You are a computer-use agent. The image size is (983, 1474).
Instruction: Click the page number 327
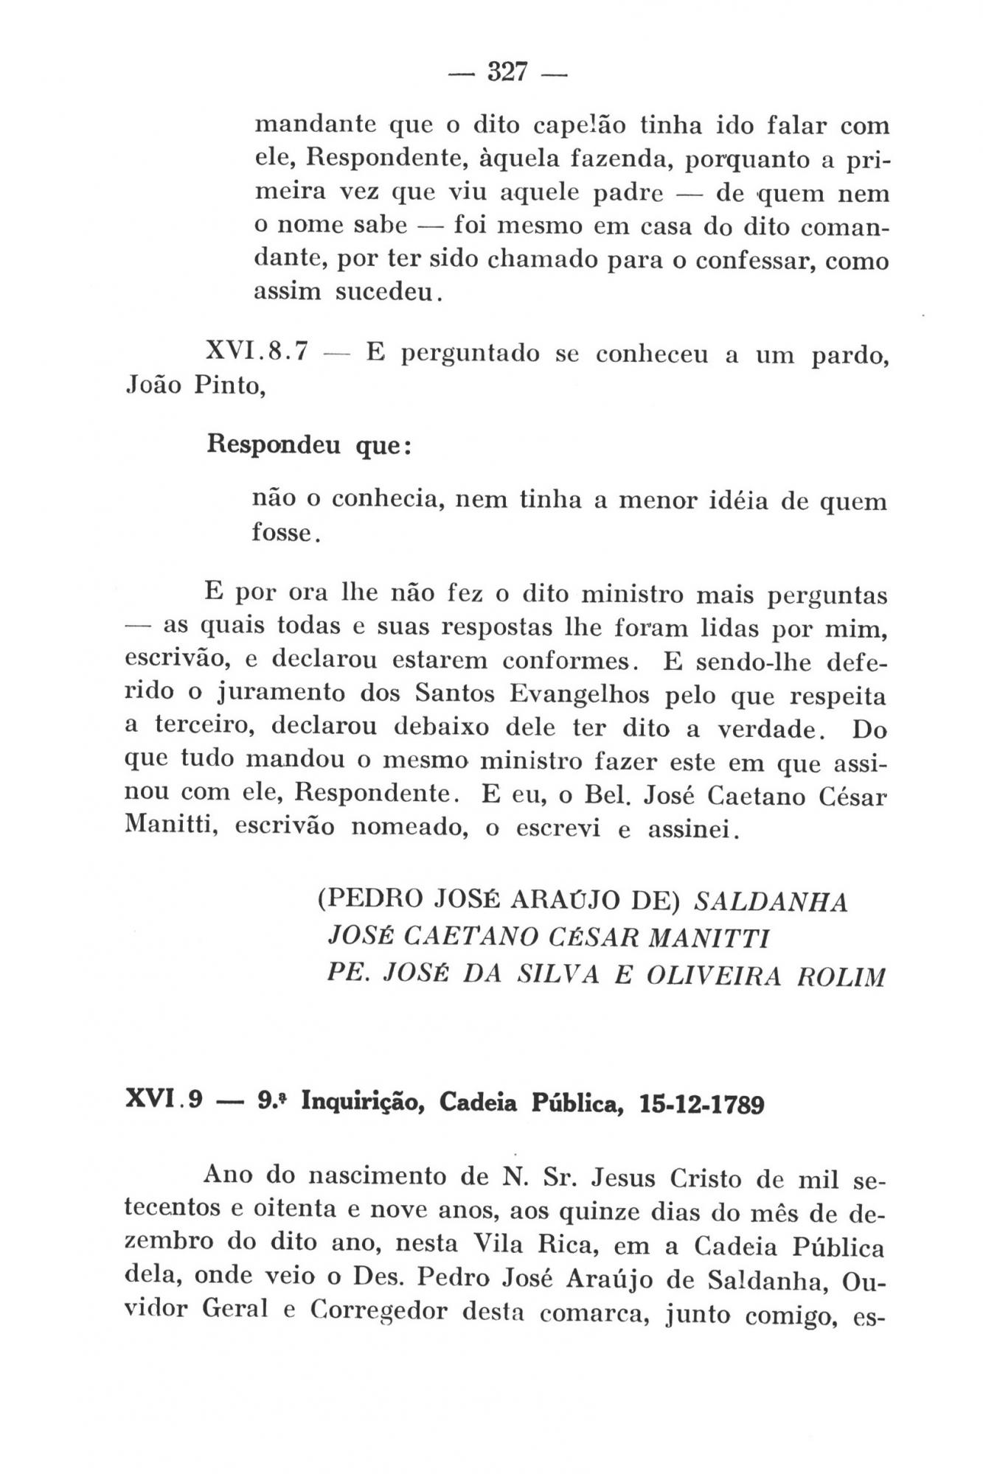click(x=506, y=73)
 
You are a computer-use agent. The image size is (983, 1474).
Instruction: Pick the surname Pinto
click(x=229, y=385)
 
